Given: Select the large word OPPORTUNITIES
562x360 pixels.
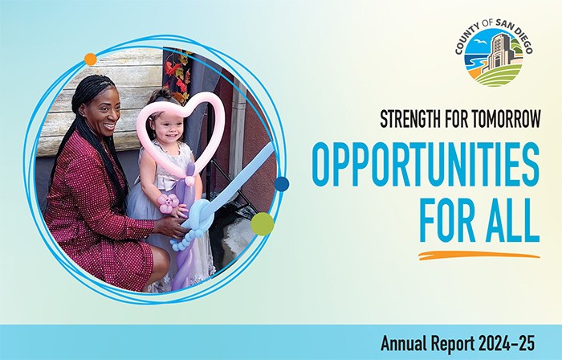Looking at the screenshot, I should (x=425, y=166).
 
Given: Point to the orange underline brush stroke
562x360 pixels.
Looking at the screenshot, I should (x=478, y=256).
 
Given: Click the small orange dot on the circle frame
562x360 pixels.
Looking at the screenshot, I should (x=91, y=59).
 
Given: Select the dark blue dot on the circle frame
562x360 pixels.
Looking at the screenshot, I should (x=281, y=184).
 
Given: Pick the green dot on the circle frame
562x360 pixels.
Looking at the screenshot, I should (x=262, y=223).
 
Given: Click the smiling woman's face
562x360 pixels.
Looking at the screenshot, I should (x=104, y=112).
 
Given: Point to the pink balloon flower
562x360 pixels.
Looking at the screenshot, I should (x=168, y=203).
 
